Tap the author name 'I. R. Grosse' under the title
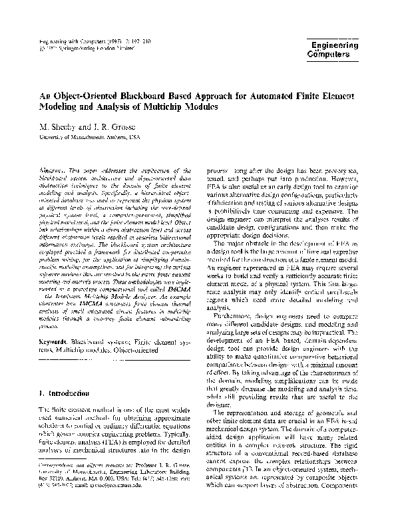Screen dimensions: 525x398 (x=103, y=127)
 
